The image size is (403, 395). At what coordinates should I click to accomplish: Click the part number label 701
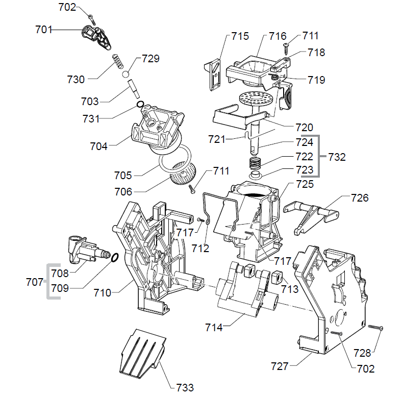tap(43, 30)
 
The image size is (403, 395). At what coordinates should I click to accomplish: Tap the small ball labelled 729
tap(126, 74)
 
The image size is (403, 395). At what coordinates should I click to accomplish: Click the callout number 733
tap(184, 387)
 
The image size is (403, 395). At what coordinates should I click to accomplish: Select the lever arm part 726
tap(311, 212)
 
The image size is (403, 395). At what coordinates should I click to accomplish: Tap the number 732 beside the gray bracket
tap(336, 157)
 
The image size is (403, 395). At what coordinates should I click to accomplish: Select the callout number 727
tap(280, 366)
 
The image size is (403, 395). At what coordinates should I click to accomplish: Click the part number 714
tap(213, 327)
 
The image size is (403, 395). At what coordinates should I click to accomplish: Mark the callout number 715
tap(240, 36)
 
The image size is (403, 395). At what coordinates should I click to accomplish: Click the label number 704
tap(98, 146)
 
